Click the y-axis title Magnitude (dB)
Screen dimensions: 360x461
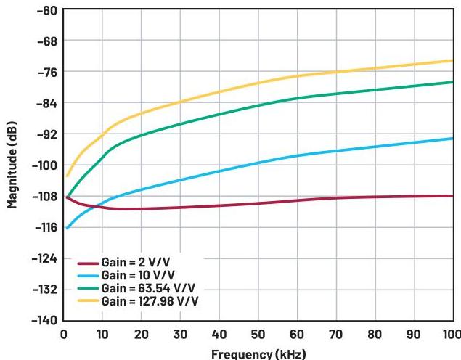(x=12, y=165)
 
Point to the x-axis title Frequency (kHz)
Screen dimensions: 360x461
(x=258, y=353)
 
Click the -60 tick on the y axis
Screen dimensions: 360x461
(x=46, y=10)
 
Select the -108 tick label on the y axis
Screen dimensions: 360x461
(x=43, y=197)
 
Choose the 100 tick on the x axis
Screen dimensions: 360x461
(x=450, y=334)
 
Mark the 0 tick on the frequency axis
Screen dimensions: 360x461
(x=65, y=334)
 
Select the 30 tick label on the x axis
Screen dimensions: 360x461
(x=181, y=334)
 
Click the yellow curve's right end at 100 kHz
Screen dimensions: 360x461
(x=452, y=60)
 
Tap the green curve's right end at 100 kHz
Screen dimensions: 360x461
(x=452, y=82)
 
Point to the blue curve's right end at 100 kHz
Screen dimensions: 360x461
(x=452, y=138)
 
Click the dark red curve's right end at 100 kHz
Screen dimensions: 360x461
(x=452, y=196)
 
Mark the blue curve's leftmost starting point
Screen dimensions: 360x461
(x=68, y=228)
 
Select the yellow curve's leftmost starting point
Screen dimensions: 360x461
(x=68, y=176)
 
